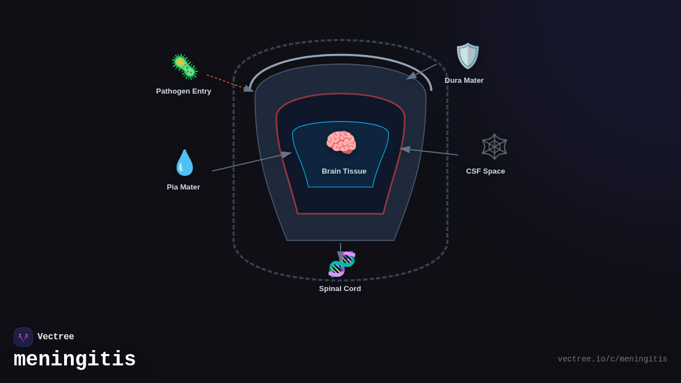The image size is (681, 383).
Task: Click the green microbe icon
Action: pyautogui.click(x=184, y=67)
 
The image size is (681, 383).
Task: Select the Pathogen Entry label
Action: pyautogui.click(x=184, y=91)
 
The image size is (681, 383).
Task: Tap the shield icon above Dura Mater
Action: pyautogui.click(x=468, y=56)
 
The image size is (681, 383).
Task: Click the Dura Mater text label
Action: pyautogui.click(x=464, y=81)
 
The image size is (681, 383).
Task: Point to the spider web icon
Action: pyautogui.click(x=494, y=146)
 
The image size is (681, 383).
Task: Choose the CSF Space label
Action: pyautogui.click(x=485, y=171)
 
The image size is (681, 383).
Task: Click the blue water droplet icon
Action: pyautogui.click(x=184, y=163)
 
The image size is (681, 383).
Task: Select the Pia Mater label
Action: pyautogui.click(x=183, y=187)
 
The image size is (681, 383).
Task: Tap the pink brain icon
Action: pyautogui.click(x=341, y=142)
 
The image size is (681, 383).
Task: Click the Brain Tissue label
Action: pyautogui.click(x=344, y=171)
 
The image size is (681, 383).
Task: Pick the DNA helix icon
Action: pyautogui.click(x=342, y=264)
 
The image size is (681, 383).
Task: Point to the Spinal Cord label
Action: pyautogui.click(x=340, y=289)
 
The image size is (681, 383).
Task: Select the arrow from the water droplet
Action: pyautogui.click(x=251, y=162)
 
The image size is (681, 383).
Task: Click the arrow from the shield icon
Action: pyautogui.click(x=422, y=71)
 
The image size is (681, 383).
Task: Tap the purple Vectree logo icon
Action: pyautogui.click(x=23, y=337)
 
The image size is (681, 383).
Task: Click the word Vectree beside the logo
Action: pyautogui.click(x=56, y=337)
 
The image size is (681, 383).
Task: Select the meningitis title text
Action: pyautogui.click(x=75, y=360)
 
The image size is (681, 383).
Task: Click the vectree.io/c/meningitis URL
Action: pyautogui.click(x=612, y=359)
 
